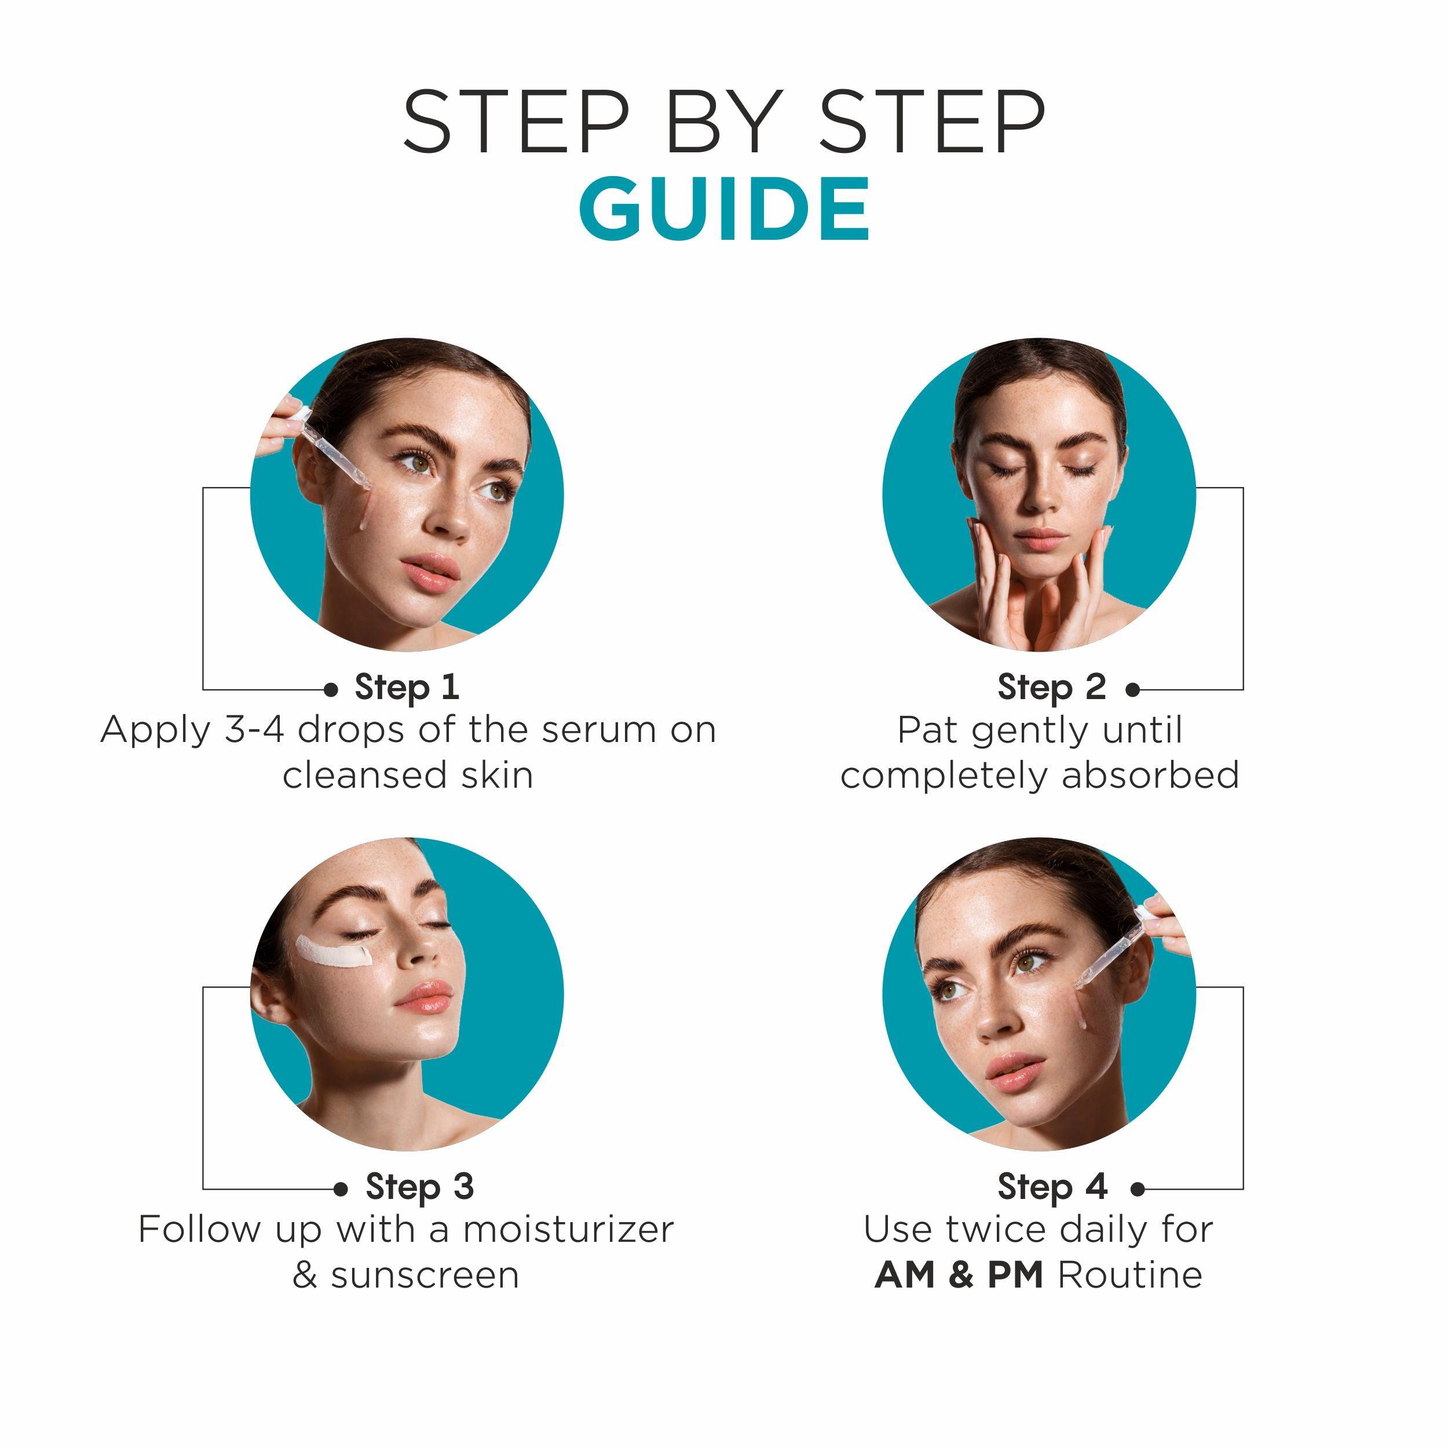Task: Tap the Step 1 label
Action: [x=407, y=688]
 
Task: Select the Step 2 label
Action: [x=1051, y=688]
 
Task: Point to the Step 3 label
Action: [x=420, y=1186]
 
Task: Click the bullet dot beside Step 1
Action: [x=331, y=689]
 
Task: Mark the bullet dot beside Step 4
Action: [x=1138, y=1188]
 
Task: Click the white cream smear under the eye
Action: [x=334, y=953]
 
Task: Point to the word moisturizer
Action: [x=569, y=1229]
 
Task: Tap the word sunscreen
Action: [x=425, y=1275]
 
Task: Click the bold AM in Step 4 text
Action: [x=905, y=1275]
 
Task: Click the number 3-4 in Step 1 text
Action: [x=254, y=729]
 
